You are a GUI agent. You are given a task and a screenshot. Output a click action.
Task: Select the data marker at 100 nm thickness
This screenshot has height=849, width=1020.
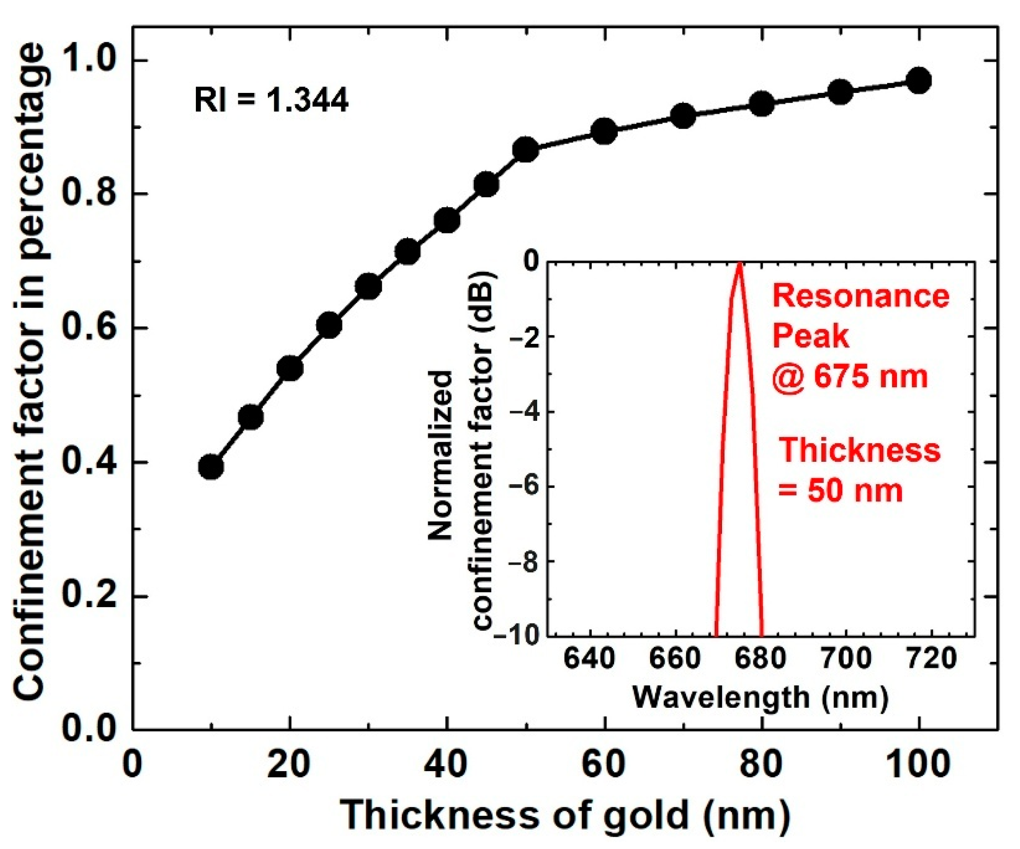tap(919, 81)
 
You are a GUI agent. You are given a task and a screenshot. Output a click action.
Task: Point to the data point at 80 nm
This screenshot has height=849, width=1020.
tap(762, 104)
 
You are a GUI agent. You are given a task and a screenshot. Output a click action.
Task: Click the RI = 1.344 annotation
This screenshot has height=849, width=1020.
tap(272, 102)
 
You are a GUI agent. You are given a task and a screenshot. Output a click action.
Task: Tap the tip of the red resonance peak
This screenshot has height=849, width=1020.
tap(739, 265)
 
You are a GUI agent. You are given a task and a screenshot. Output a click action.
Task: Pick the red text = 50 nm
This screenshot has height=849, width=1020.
tap(841, 491)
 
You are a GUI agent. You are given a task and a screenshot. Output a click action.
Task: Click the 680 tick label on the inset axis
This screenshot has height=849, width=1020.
tap(761, 659)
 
